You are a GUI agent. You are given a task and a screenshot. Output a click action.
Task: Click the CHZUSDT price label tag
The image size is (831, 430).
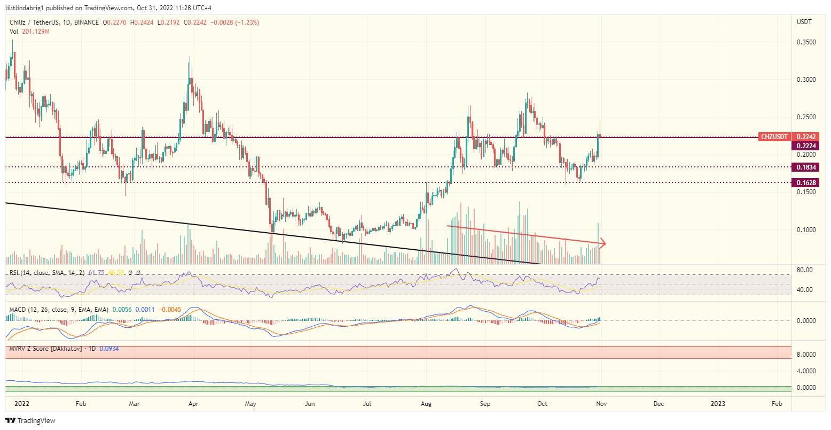(774, 137)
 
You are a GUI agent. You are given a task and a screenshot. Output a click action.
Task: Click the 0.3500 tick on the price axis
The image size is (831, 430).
(805, 42)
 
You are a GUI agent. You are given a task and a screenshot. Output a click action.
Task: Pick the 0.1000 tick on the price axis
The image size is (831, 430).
(805, 230)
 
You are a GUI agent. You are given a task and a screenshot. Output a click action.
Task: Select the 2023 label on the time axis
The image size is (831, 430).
(718, 404)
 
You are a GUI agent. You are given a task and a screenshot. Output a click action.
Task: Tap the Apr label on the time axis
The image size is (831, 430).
(193, 404)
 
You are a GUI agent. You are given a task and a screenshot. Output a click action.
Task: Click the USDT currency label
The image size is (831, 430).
(804, 22)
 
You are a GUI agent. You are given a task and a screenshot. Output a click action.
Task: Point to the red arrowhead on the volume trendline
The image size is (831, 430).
(603, 244)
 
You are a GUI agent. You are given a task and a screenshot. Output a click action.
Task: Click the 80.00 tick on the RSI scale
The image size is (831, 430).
(805, 270)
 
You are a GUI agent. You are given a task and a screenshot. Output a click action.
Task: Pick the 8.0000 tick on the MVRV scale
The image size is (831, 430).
(805, 355)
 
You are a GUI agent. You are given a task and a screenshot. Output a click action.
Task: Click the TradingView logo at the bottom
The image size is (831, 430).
(30, 421)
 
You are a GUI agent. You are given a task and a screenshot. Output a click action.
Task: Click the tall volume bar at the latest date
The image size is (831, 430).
(598, 244)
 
